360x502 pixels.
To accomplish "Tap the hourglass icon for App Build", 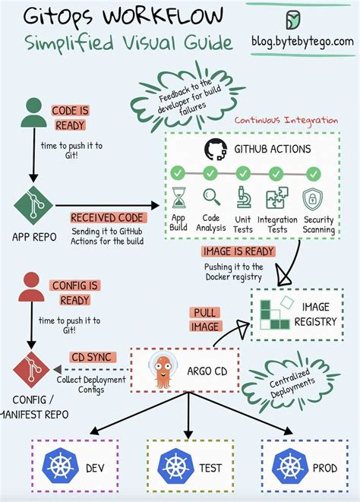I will (x=179, y=197).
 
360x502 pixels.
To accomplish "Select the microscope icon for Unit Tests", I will (x=244, y=197).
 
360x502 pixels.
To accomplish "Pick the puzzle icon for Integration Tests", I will (x=276, y=198).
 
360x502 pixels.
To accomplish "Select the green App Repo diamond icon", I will (x=31, y=203).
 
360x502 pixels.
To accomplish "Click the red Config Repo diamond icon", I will (x=30, y=369).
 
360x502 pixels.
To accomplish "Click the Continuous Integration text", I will (x=286, y=120).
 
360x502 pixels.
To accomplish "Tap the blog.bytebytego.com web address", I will (x=302, y=41).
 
